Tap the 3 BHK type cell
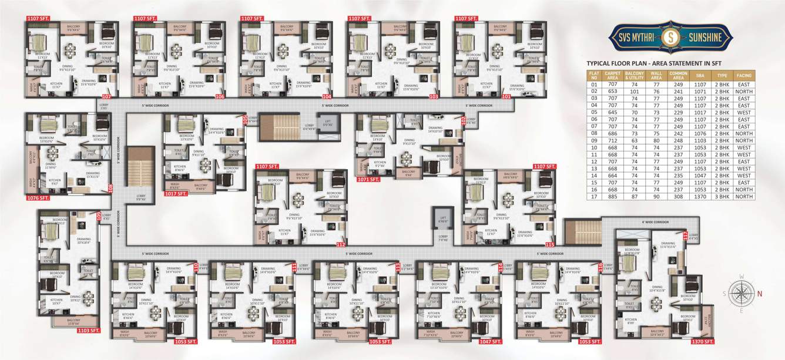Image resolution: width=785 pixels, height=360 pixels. pos(722,197)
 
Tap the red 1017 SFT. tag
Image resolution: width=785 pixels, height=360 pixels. pos(178,193)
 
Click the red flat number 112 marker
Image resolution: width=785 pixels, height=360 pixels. pos(341,244)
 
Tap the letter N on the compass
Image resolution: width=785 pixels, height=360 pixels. pos(760,293)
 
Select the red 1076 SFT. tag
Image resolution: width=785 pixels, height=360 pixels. pos(37,198)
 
